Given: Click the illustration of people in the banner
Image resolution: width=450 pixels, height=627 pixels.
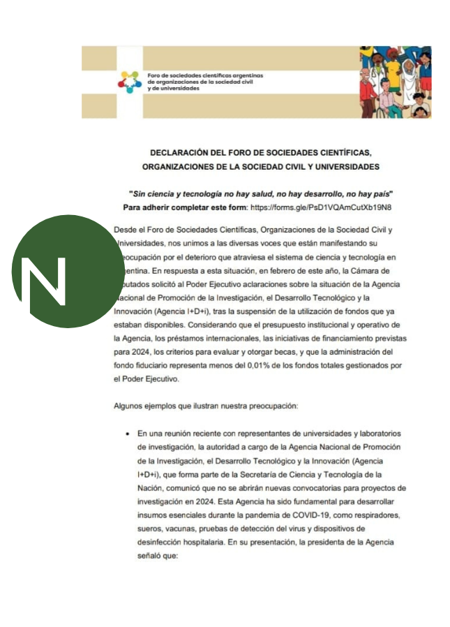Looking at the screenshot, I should click(x=395, y=82).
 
